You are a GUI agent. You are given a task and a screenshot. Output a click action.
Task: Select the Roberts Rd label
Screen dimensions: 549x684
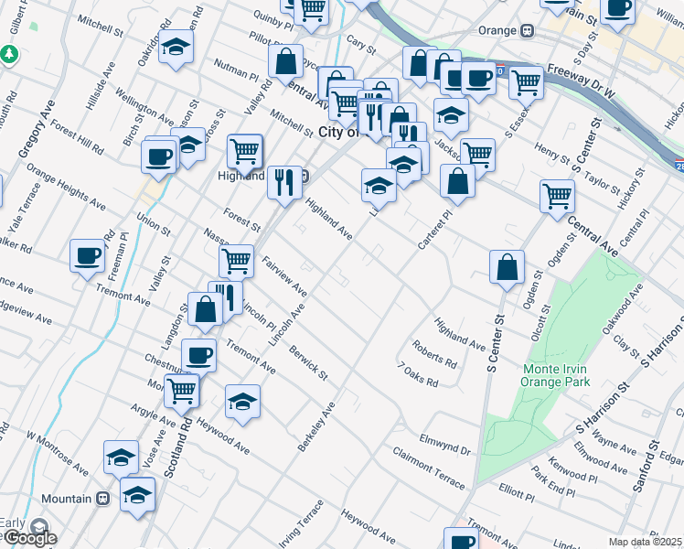pos(433,354)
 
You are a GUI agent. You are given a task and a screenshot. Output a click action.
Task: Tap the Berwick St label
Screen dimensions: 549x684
pos(308,361)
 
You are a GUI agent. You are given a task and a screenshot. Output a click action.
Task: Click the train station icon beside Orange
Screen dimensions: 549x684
pos(528,31)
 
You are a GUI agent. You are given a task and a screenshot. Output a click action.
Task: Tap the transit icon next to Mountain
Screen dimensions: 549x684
pos(103,499)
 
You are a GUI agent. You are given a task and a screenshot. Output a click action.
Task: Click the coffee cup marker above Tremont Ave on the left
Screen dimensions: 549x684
pos(87,255)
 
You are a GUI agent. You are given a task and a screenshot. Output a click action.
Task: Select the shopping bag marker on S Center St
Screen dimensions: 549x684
pos(506,267)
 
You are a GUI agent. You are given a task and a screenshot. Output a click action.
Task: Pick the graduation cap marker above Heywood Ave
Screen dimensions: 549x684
pos(242,402)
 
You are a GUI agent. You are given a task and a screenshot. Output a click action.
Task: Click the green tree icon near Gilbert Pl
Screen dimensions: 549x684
pos(10,55)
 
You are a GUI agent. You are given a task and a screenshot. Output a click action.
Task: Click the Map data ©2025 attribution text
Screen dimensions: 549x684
pos(646,542)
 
